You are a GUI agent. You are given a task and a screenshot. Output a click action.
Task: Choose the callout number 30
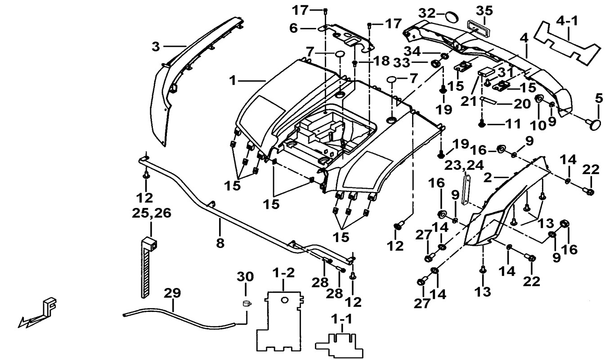[x=246, y=276]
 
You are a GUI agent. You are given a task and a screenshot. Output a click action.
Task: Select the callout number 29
[x=172, y=293]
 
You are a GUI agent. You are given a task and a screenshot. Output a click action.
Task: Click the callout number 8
[x=220, y=243]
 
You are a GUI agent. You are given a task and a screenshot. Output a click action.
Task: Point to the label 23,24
[x=464, y=165]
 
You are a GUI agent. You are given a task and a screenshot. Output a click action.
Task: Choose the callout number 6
[x=293, y=28]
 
